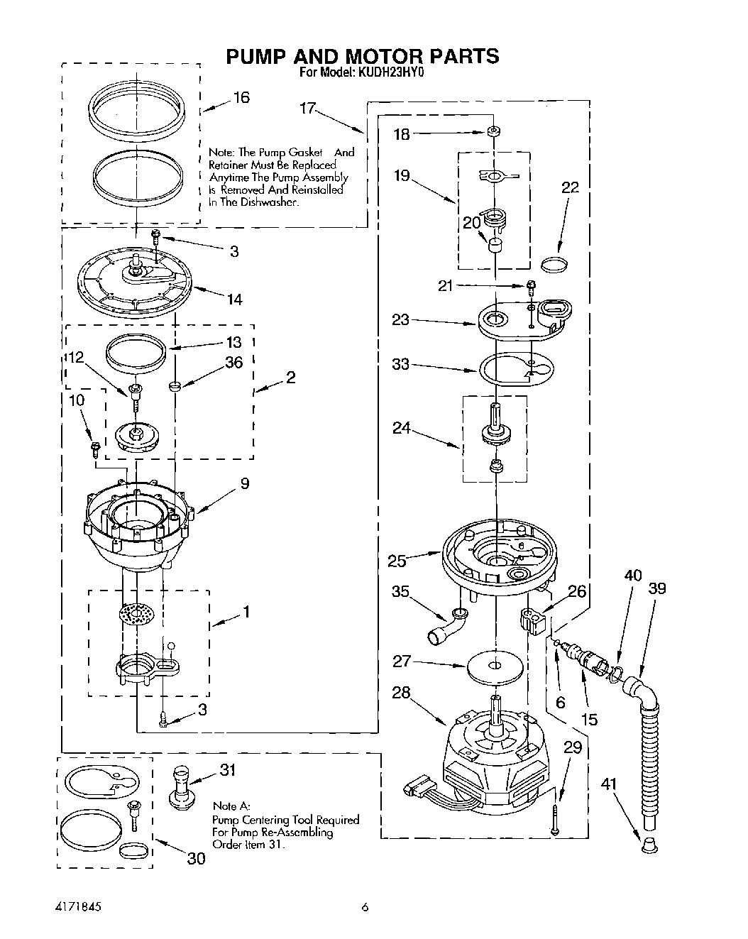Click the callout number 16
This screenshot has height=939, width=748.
point(241,97)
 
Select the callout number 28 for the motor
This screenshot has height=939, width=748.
point(401,692)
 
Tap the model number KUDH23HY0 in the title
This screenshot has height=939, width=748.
point(392,72)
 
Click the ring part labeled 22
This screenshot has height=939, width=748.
point(555,265)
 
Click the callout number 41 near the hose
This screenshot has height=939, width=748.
point(608,784)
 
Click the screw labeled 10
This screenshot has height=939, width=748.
point(94,447)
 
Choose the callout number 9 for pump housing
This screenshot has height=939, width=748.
point(244,483)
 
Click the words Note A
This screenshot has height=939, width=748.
point(231,806)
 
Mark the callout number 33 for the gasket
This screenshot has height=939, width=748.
point(401,365)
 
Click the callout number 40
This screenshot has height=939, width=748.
point(633,575)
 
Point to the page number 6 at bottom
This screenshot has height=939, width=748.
point(365,906)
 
